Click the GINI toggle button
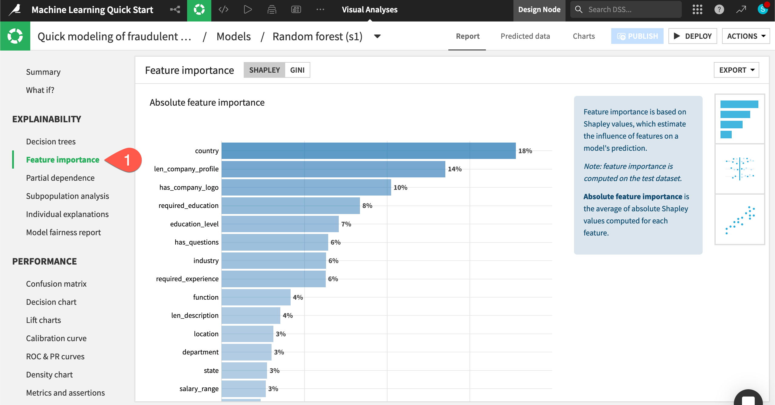tap(297, 70)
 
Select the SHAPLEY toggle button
tap(264, 70)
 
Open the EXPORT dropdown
tap(736, 70)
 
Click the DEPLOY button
tap(692, 36)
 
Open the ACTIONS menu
tap(746, 36)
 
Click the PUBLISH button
tap(637, 36)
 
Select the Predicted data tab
tap(525, 36)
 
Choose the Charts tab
tap(583, 36)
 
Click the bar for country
tap(368, 151)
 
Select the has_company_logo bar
tap(306, 187)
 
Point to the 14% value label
tap(455, 169)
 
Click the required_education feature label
tap(188, 206)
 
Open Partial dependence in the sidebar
tap(60, 178)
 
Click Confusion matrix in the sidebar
tap(56, 284)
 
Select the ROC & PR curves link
tap(55, 357)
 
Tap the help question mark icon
tap(719, 10)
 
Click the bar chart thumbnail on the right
tap(739, 119)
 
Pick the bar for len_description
tap(251, 316)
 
